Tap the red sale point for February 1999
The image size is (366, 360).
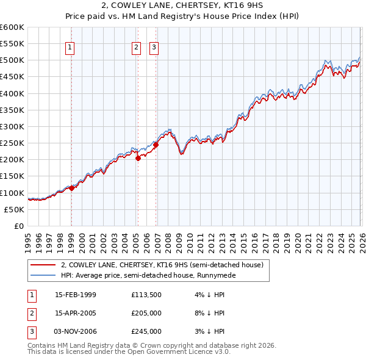coord(71,188)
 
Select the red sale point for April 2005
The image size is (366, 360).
coord(138,158)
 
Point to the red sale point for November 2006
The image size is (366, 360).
coord(156,145)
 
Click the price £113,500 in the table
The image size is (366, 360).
coord(146,295)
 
